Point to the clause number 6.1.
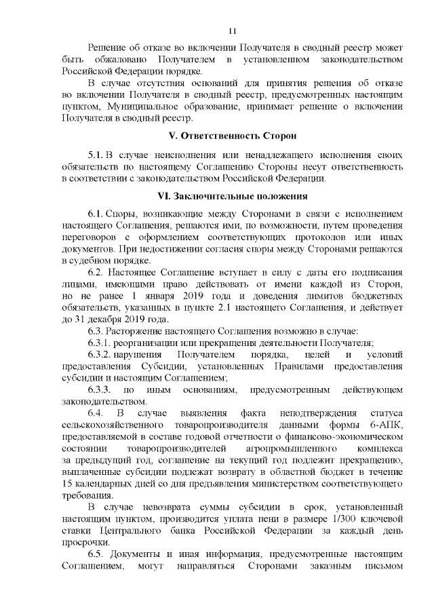pos(95,213)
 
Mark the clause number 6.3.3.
pos(100,390)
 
